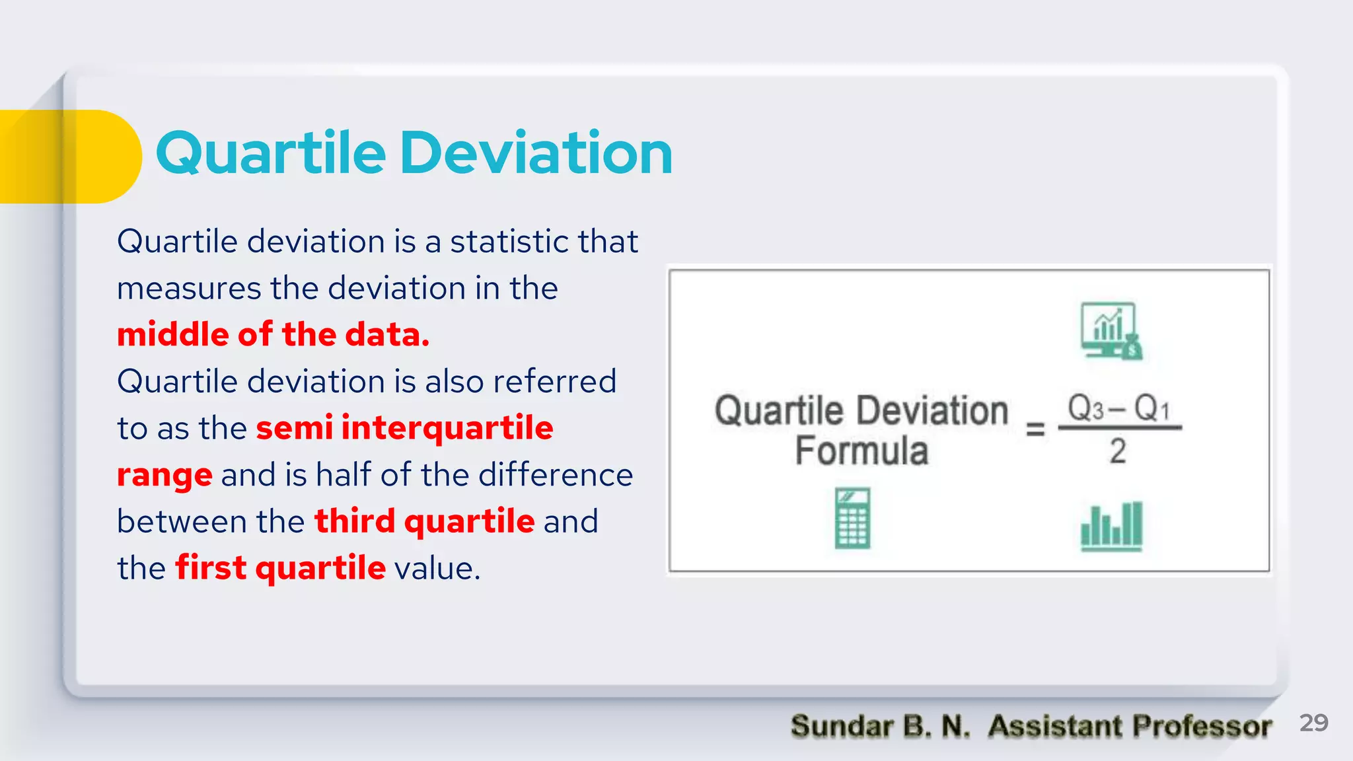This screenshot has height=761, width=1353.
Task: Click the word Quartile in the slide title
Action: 270,153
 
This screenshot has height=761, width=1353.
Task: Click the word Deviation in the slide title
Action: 536,153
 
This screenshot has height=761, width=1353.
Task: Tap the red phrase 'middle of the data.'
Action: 274,334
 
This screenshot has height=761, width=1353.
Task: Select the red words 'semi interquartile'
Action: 404,427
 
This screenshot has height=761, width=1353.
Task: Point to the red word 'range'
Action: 165,476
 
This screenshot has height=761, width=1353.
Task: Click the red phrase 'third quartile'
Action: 424,521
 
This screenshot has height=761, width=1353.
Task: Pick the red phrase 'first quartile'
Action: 280,568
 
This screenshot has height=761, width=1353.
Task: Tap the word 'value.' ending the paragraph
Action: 437,568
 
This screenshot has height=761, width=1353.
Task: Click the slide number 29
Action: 1313,723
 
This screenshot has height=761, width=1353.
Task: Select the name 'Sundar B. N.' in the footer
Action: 880,726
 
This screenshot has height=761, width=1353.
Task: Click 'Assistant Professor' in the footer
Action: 1130,726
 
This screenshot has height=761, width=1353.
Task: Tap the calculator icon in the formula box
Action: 852,519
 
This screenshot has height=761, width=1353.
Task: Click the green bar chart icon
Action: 1111,526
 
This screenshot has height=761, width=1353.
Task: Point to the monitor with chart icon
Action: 1111,331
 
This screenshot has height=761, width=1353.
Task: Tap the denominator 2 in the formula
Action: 1117,451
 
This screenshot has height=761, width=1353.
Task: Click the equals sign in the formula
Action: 1035,429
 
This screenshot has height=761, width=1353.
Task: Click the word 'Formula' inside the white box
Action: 861,451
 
